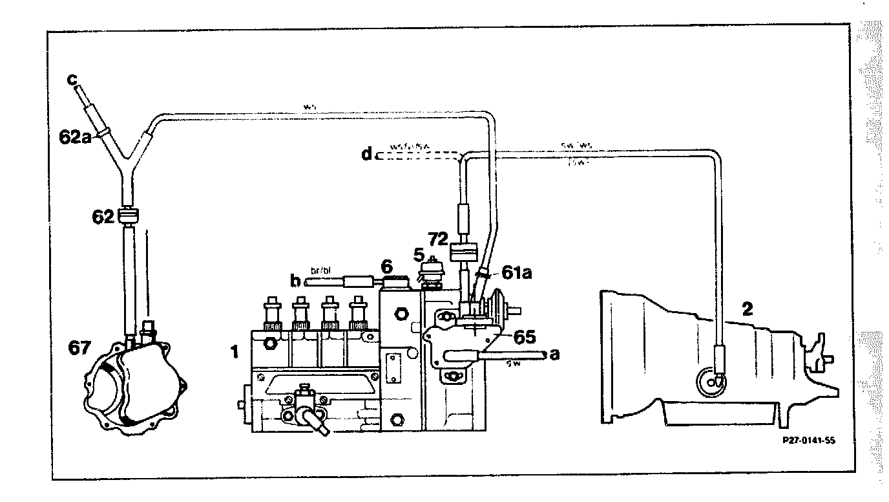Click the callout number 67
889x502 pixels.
pyautogui.click(x=79, y=349)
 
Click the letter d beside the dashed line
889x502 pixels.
pyautogui.click(x=367, y=155)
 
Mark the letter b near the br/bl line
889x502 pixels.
pyautogui.click(x=296, y=281)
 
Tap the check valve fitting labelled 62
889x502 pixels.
pyautogui.click(x=129, y=215)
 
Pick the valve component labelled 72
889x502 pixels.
pyautogui.click(x=464, y=251)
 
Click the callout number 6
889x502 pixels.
pyautogui.click(x=387, y=265)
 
